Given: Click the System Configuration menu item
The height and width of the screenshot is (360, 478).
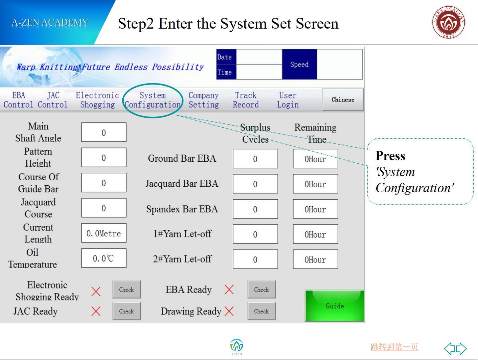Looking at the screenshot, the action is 153,100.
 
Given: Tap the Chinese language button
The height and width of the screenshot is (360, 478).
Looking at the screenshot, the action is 343,99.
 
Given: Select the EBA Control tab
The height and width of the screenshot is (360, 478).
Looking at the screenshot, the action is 19,100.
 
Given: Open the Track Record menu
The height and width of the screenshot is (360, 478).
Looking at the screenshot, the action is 246,100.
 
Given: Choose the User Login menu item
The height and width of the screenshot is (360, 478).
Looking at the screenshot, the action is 288,100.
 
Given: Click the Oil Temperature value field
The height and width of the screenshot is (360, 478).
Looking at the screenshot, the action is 104,258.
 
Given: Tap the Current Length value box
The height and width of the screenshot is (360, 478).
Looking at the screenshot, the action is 104,233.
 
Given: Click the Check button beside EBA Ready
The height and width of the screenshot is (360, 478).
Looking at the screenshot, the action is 262,289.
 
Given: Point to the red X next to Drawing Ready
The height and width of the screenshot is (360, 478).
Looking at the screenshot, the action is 229,311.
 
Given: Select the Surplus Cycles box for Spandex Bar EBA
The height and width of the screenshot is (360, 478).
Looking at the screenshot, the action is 255,209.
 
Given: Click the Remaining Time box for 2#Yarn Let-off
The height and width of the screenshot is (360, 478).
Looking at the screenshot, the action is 315,259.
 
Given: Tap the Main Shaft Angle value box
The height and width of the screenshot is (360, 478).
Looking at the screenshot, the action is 104,132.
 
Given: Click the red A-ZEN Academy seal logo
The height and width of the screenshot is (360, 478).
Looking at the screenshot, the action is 449,22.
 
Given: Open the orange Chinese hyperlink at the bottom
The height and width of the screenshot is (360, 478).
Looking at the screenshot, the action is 394,347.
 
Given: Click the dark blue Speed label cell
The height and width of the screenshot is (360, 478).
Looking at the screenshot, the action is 299,64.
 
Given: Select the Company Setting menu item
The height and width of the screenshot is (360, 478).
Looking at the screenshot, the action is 204,100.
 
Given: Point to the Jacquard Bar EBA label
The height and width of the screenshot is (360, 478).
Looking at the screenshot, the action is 182,184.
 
